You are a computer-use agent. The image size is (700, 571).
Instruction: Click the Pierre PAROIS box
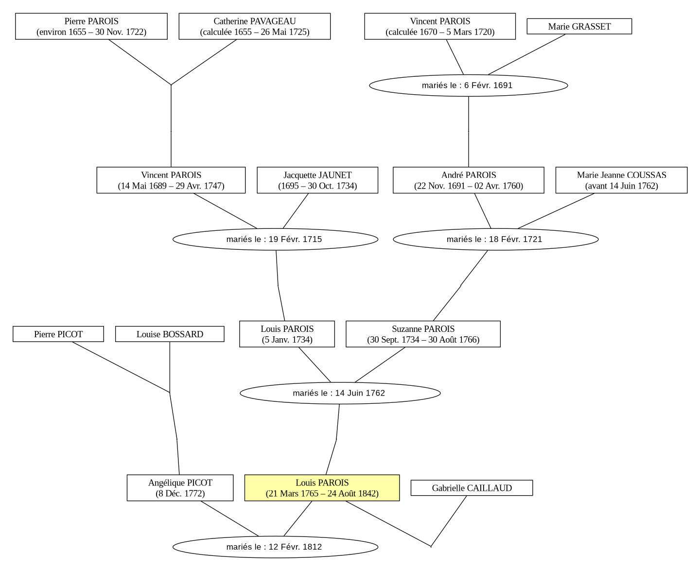click(x=91, y=26)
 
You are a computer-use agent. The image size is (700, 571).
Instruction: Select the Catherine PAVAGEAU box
click(x=255, y=26)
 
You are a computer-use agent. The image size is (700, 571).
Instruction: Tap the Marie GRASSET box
click(x=579, y=26)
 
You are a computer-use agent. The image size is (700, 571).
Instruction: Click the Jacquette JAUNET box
click(x=317, y=180)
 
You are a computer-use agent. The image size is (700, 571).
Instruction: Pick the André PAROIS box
click(x=468, y=180)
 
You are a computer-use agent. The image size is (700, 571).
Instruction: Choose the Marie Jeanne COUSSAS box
click(x=621, y=180)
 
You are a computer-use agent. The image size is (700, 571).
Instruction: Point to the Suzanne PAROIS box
click(x=423, y=334)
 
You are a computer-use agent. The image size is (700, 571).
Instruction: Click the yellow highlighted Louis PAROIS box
click(x=322, y=488)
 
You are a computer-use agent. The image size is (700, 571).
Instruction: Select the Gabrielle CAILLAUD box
click(x=472, y=488)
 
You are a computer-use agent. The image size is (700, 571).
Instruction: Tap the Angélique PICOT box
click(x=180, y=488)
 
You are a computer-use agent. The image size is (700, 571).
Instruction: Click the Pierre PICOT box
click(x=58, y=334)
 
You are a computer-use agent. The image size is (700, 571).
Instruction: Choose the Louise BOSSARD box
click(x=170, y=334)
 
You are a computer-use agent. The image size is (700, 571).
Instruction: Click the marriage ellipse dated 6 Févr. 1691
click(x=468, y=86)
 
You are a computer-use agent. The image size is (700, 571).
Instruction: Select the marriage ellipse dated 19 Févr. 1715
click(x=275, y=239)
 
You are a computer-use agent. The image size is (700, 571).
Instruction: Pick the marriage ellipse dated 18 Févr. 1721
click(x=495, y=239)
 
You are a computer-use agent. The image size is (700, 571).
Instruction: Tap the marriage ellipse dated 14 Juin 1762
click(x=340, y=393)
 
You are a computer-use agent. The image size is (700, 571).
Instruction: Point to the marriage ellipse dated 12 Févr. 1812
click(x=275, y=547)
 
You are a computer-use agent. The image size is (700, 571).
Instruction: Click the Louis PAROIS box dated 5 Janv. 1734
click(x=287, y=334)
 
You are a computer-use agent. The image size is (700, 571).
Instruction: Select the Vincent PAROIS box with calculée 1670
click(x=440, y=26)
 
